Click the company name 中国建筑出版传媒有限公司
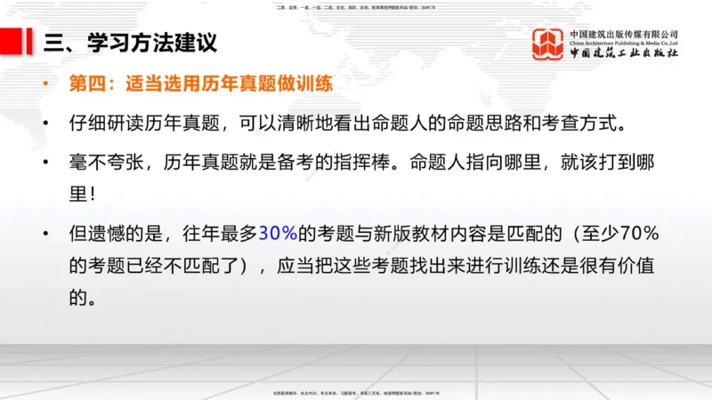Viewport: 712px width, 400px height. tap(624, 34)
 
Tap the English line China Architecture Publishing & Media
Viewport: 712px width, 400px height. tap(624, 43)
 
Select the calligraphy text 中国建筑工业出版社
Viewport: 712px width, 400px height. tap(624, 53)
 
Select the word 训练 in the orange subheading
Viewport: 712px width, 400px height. tap(316, 85)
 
